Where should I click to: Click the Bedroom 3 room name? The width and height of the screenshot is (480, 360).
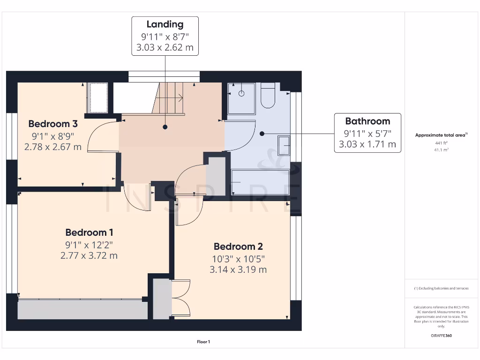click(x=53, y=124)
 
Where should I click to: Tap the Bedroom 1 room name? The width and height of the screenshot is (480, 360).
click(x=89, y=232)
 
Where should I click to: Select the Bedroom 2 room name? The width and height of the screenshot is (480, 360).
click(x=238, y=247)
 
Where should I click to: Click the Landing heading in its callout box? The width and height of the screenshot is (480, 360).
click(x=165, y=24)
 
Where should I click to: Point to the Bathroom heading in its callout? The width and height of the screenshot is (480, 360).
click(x=367, y=121)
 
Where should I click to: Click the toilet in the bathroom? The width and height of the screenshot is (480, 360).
click(x=268, y=95)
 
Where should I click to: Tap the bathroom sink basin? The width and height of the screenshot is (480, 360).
click(x=284, y=145)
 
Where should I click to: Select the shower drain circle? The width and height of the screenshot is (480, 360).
click(x=241, y=94)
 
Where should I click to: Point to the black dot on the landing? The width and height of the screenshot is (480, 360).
click(x=165, y=127)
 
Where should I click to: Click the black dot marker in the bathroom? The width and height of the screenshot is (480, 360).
click(x=262, y=134)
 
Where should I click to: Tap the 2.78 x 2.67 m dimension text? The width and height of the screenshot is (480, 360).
click(x=53, y=147)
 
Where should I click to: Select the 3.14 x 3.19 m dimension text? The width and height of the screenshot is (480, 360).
click(x=238, y=270)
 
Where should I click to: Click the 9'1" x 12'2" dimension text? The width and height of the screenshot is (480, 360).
click(x=89, y=245)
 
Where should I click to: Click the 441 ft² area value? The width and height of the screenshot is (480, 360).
click(x=441, y=143)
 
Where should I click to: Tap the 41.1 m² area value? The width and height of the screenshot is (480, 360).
click(x=441, y=150)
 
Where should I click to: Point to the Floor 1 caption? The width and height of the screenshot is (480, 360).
click(x=203, y=342)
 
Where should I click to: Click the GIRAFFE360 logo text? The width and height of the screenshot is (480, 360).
click(x=441, y=336)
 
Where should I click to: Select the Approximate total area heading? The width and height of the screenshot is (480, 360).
click(x=441, y=135)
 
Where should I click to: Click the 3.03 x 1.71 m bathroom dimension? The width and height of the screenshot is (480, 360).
click(x=367, y=144)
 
